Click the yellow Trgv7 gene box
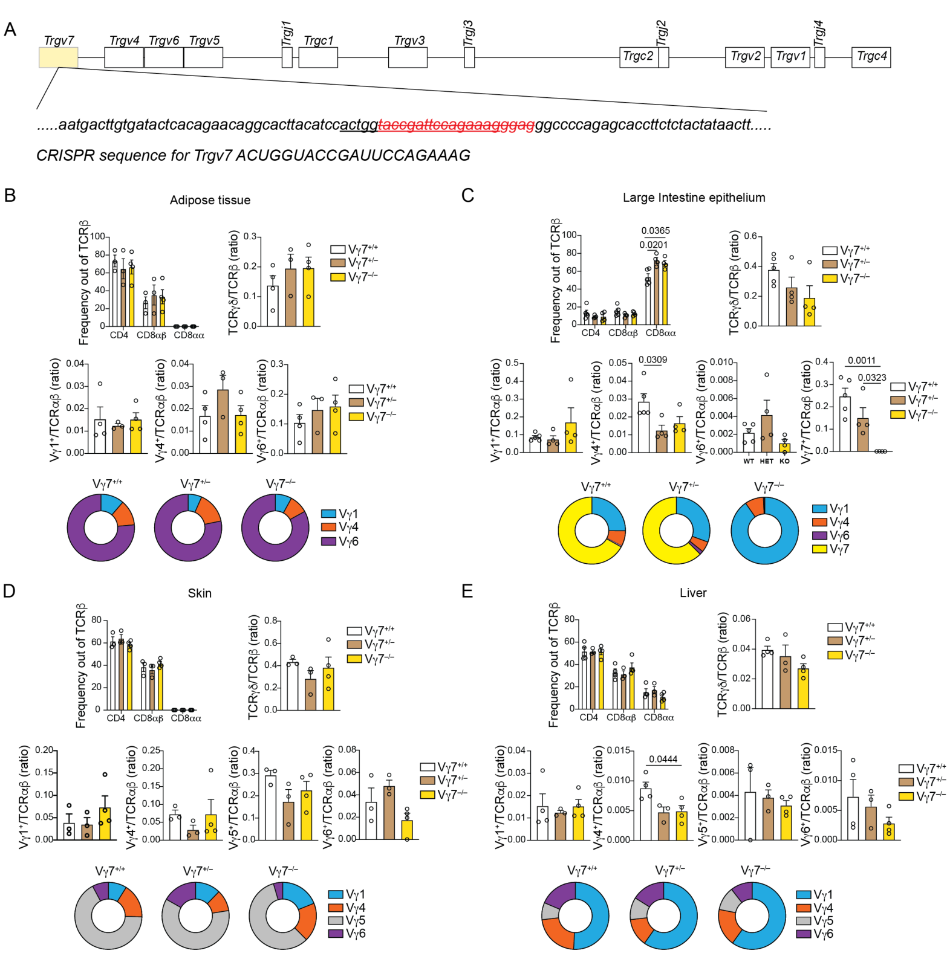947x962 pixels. coord(58,57)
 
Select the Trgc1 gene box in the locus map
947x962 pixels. coord(318,57)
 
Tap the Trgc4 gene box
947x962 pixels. coord(871,57)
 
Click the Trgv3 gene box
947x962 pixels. coord(408,57)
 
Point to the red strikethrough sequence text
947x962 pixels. coord(456,125)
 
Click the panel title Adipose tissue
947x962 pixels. coord(210,200)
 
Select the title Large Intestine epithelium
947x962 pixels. coord(694,198)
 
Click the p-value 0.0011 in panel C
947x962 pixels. coord(861,361)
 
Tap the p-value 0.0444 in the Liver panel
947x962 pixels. coord(663,759)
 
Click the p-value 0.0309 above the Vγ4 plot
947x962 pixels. coord(652,360)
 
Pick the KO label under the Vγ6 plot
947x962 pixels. coord(784,461)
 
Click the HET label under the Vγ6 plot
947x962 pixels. coord(766,461)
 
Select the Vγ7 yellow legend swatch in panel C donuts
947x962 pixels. coord(819,549)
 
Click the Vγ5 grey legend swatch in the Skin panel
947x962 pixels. coord(336,920)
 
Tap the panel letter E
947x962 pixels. coord(467,591)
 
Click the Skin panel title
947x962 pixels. coord(200,593)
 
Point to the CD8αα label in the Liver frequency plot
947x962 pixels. coord(659,717)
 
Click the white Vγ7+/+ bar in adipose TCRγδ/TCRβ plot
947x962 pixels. coord(273,305)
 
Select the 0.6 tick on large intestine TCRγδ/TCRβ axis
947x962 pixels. coord(750,236)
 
